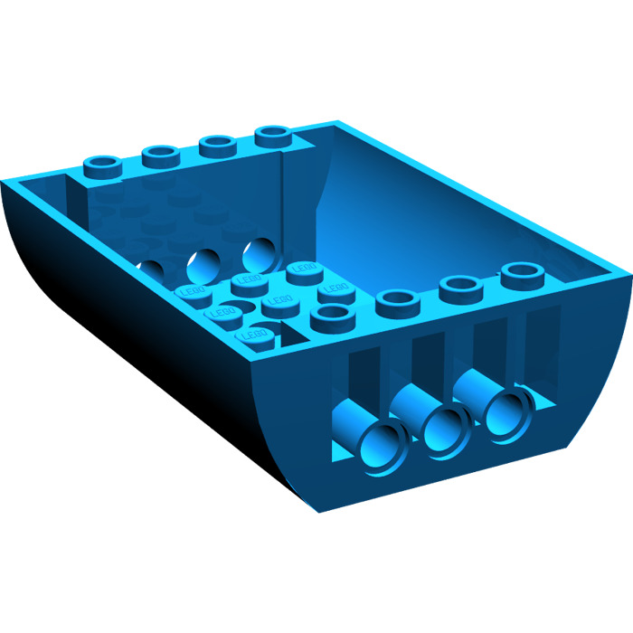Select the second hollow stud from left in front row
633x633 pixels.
point(394,299)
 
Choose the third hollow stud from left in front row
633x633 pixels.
point(458,287)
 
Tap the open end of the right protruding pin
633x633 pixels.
point(503,411)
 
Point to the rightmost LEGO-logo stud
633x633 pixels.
point(335,289)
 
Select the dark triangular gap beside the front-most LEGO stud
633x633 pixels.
point(288,336)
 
